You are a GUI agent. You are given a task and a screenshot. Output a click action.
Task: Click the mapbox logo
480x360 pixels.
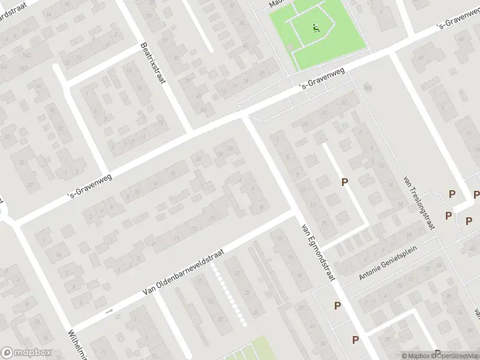click(x=25, y=353)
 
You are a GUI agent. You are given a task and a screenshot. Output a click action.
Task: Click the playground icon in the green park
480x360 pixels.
click(x=316, y=28)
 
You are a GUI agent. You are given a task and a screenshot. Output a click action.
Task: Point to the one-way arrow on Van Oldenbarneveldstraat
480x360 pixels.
click(x=109, y=311)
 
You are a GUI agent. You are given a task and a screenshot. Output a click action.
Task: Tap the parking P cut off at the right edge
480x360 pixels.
click(x=476, y=194)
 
